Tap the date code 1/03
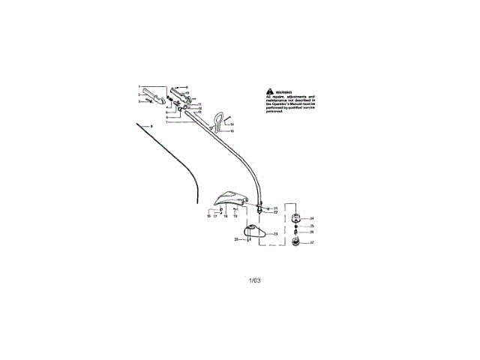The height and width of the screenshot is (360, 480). [254, 280]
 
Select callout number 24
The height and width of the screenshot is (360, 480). [312, 218]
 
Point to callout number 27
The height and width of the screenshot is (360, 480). [312, 243]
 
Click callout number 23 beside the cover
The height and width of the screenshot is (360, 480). [275, 235]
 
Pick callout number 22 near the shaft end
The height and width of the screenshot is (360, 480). [276, 212]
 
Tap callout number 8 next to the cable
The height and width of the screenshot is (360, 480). [151, 127]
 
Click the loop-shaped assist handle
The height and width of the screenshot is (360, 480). [219, 119]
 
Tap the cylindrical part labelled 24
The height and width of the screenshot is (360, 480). [296, 219]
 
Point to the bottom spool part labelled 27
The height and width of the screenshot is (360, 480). [296, 242]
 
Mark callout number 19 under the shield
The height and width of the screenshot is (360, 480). [235, 216]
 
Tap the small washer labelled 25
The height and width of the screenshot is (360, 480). [297, 226]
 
